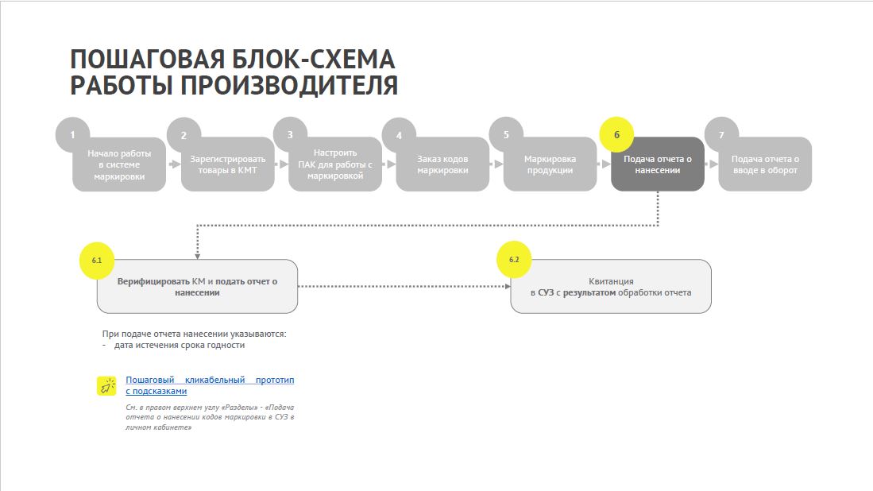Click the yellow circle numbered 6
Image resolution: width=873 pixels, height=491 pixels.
[x=616, y=135]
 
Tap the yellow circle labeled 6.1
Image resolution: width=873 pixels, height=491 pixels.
[x=97, y=260]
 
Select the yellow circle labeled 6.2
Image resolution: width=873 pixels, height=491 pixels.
[x=514, y=260]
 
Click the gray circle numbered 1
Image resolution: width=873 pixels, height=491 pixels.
[x=72, y=135]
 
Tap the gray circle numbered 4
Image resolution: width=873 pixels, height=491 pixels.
[x=399, y=135]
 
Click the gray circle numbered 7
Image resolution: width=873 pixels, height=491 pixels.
[x=721, y=135]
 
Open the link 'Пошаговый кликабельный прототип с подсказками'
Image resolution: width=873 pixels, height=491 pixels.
[x=210, y=385]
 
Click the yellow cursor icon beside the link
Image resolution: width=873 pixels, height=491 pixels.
[x=106, y=386]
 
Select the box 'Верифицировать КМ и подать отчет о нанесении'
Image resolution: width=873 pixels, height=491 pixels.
[x=197, y=286]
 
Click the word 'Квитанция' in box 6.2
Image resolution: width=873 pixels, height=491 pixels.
[x=612, y=281]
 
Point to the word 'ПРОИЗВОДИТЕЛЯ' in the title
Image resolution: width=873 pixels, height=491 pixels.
[x=289, y=86]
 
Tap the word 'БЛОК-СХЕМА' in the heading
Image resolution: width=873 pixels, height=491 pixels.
[x=313, y=59]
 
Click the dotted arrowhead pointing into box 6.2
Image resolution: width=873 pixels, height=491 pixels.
[x=508, y=286]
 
